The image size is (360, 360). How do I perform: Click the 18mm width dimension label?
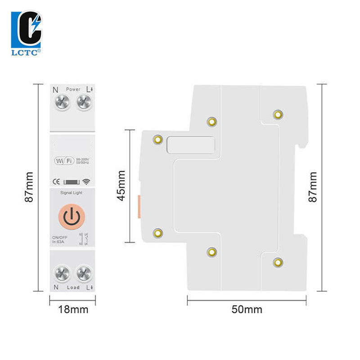[72, 310]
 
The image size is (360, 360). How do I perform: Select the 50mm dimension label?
[247, 310]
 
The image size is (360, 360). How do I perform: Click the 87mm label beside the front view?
[29, 187]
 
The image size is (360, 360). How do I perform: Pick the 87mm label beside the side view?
[313, 186]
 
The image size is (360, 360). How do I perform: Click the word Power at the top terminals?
[73, 90]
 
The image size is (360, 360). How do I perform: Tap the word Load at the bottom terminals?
[73, 287]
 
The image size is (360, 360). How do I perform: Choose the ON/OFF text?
[59, 237]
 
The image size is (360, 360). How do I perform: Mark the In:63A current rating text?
[58, 243]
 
